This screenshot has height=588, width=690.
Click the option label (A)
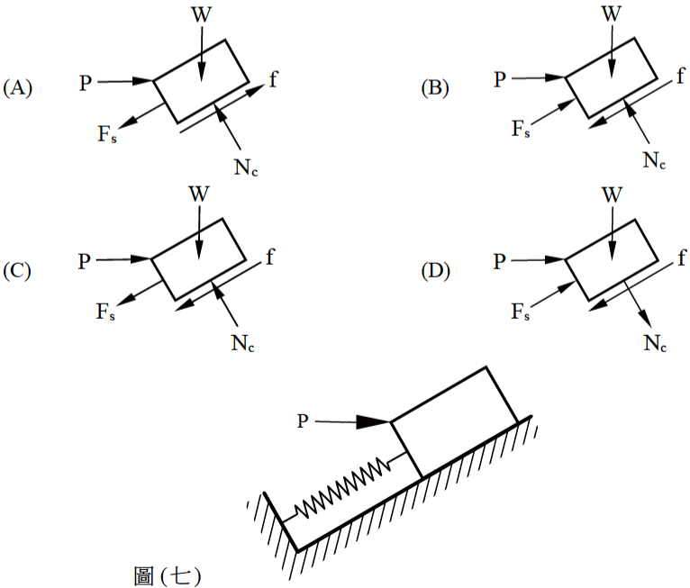coord(18,88)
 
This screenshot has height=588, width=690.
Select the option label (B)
coord(435,88)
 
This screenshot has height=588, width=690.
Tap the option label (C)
coord(17,271)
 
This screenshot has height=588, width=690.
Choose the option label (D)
coord(435,271)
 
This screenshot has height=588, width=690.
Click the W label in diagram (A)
coord(202,15)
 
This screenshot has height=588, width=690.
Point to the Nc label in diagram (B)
coord(654,160)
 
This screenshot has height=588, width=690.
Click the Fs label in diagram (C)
coord(105,312)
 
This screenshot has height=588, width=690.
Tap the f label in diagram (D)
coord(682,258)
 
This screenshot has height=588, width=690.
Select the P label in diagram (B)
coord(500,79)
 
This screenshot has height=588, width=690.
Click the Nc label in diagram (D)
coord(655,343)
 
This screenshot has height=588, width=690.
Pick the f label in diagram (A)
coord(273,79)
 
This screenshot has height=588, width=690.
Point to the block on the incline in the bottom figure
coord(455,422)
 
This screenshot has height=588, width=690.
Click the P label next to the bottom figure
coord(303,421)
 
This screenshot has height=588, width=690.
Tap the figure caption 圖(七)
coord(168,575)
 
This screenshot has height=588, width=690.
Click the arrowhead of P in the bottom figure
coord(373,421)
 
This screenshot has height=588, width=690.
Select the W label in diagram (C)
coord(199,194)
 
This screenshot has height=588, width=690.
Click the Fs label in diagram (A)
coord(107,133)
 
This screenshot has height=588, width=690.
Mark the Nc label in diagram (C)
coord(242,343)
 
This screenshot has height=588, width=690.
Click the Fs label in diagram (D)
coord(520,312)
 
